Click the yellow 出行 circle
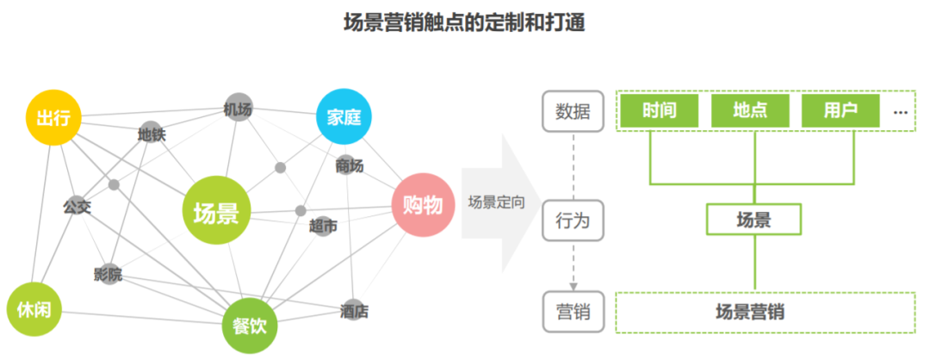click(x=53, y=116)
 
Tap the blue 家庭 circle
click(x=344, y=116)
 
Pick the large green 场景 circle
click(x=216, y=211)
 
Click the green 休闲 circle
click(x=34, y=311)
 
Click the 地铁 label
click(x=152, y=134)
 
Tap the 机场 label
click(x=238, y=109)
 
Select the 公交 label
click(x=77, y=207)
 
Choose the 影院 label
click(x=108, y=275)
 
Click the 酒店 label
click(x=354, y=311)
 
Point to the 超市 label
click(x=323, y=226)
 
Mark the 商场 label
click(x=350, y=164)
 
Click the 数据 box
click(x=573, y=111)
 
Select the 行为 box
click(x=573, y=220)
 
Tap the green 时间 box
click(x=658, y=110)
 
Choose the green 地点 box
click(x=749, y=110)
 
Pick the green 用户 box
click(x=840, y=110)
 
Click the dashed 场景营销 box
click(x=765, y=312)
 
